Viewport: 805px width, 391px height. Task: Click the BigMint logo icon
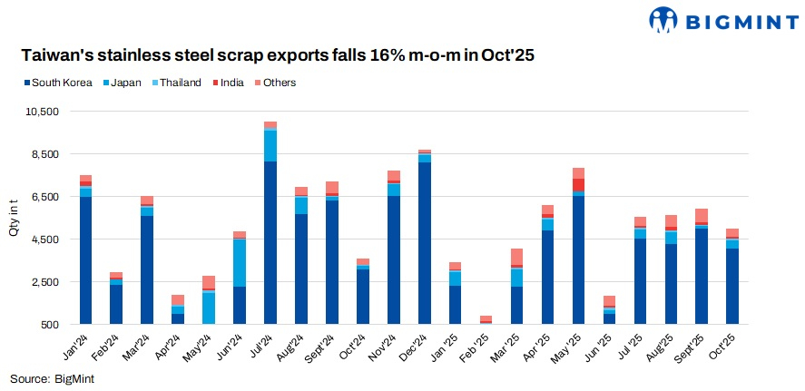pos(663,20)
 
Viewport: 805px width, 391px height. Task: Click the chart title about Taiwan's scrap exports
pos(278,55)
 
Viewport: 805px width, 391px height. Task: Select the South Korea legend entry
pos(58,83)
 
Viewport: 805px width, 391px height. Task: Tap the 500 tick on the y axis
pos(50,324)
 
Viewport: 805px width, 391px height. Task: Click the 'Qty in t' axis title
pos(13,218)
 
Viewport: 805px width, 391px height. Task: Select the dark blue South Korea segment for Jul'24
pos(270,241)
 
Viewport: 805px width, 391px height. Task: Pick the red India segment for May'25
pos(578,185)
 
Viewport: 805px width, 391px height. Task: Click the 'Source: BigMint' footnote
pos(52,378)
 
